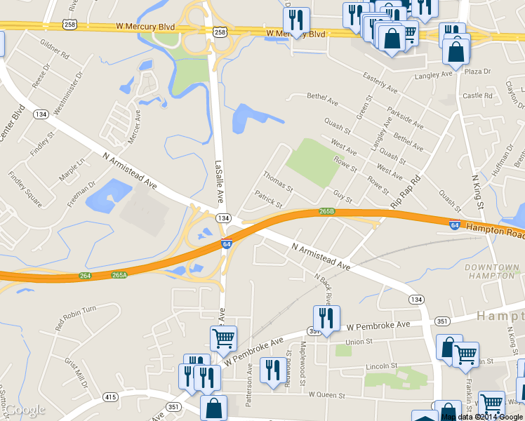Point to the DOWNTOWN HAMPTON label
491,272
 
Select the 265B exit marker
326,211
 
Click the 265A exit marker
119,275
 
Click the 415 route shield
110,397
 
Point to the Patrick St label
267,199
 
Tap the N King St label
479,191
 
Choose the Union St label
358,342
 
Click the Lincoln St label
382,366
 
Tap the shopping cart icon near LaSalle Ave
224,339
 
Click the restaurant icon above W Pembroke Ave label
326,318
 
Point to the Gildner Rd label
55,50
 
